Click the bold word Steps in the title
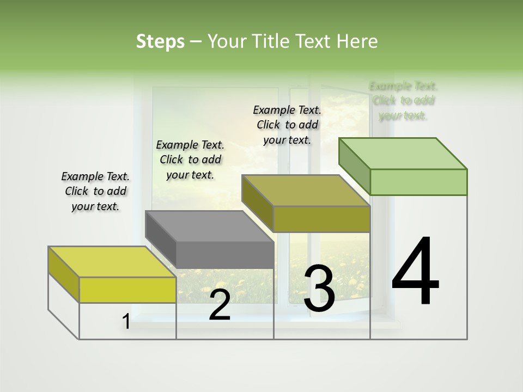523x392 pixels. [160, 41]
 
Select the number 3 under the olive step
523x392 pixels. [319, 289]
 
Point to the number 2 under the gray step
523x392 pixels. [220, 305]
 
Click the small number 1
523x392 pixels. [126, 322]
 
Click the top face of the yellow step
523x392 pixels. [112, 262]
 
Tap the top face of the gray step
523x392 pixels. [209, 226]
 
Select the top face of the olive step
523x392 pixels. [306, 191]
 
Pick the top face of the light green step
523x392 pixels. [403, 154]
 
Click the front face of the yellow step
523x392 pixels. [127, 290]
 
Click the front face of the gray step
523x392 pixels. [225, 255]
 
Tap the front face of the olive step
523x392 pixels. [321, 219]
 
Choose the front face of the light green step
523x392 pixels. [418, 182]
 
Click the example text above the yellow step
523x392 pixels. [95, 192]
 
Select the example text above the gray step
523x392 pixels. [190, 160]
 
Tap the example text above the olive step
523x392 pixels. [287, 125]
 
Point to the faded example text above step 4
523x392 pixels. [403, 101]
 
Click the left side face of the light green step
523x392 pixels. [354, 166]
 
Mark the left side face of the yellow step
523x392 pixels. [64, 274]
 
